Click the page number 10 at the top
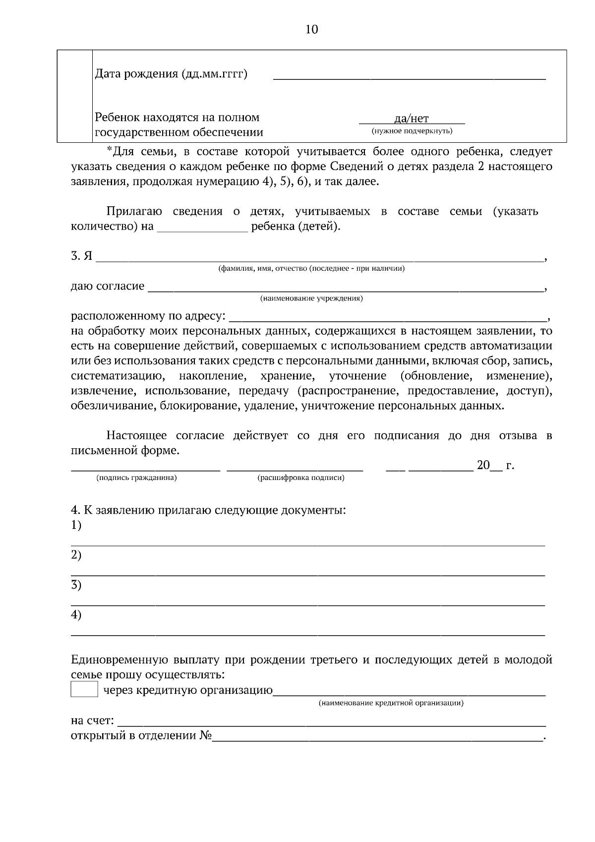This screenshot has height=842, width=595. (x=311, y=29)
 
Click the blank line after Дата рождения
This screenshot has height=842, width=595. (x=409, y=77)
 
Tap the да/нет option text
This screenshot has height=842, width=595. (x=411, y=119)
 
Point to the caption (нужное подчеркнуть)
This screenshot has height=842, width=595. (x=412, y=131)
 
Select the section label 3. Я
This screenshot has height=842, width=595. (x=81, y=256)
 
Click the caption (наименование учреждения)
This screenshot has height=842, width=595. (x=311, y=299)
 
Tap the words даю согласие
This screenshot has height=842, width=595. (x=108, y=286)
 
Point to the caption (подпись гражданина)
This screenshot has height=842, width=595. (x=136, y=478)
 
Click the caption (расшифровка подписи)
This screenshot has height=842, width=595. (x=300, y=478)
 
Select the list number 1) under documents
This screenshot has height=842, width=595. (x=76, y=525)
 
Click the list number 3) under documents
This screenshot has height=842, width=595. (x=76, y=585)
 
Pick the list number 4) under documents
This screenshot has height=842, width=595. (x=76, y=615)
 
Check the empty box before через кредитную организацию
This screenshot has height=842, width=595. (x=84, y=690)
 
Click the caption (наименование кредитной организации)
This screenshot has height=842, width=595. (x=391, y=703)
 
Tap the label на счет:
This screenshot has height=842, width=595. (x=92, y=720)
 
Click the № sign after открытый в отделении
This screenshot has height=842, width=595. (x=205, y=736)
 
